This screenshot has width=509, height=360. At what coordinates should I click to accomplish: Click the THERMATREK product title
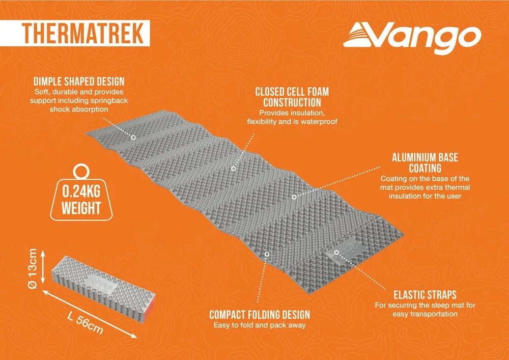pos(83,34)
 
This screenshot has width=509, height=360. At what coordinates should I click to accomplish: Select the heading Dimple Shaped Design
pos(79,81)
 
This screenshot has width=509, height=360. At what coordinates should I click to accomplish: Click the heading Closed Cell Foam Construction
pos(292,97)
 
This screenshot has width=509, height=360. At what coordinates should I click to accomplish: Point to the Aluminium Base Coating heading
pos(425,162)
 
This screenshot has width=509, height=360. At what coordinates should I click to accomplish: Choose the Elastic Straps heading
pos(425,295)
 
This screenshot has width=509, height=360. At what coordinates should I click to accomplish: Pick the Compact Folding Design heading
pos(260,315)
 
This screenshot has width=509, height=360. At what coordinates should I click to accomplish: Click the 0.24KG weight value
pos(81,191)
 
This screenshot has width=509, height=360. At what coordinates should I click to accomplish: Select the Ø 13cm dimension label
pos(34,268)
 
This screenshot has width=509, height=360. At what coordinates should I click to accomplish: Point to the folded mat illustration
pos(105,284)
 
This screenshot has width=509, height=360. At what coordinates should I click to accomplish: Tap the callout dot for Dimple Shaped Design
pos(133,137)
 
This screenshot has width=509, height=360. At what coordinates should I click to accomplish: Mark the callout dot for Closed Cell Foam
pos(233,169)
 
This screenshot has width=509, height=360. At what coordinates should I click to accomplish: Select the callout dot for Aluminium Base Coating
pos(294,197)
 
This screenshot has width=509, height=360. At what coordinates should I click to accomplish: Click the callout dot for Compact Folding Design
pos(267,254)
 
